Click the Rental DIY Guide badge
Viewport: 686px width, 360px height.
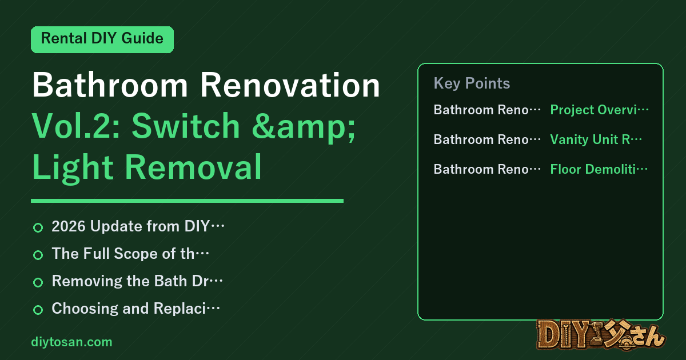click(x=102, y=39)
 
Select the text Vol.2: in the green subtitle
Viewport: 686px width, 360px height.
click(x=76, y=126)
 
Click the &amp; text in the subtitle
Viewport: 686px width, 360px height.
click(x=304, y=127)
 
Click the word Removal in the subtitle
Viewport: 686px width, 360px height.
click(x=193, y=166)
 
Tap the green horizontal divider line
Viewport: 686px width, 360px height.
click(x=187, y=201)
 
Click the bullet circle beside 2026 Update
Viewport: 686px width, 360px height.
click(x=38, y=227)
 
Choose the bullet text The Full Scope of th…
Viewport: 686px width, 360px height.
click(x=130, y=254)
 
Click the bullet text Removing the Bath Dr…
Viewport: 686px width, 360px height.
click(x=137, y=281)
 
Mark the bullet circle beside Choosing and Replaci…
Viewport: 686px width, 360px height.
click(x=38, y=310)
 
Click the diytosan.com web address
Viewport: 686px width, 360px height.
click(x=71, y=342)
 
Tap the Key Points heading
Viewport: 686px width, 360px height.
click(x=472, y=83)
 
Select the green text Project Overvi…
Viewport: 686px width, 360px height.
click(x=599, y=110)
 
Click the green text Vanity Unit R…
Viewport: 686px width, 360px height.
click(x=596, y=139)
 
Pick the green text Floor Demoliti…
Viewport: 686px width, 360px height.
click(x=599, y=169)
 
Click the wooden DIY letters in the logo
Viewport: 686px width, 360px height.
click(x=564, y=335)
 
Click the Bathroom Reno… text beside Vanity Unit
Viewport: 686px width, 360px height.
click(x=487, y=139)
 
